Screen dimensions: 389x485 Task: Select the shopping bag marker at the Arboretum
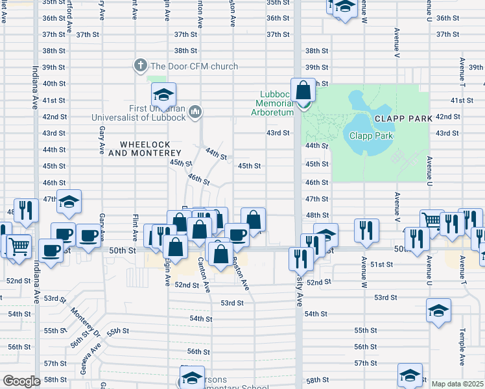click(x=303, y=89)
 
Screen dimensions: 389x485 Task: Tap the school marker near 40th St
click(x=164, y=95)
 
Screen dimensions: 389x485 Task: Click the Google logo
click(x=21, y=381)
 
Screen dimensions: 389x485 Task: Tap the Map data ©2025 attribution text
click(x=457, y=384)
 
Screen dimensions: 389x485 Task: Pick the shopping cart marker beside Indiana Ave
click(x=19, y=246)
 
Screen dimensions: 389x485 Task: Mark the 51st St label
click(x=382, y=265)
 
